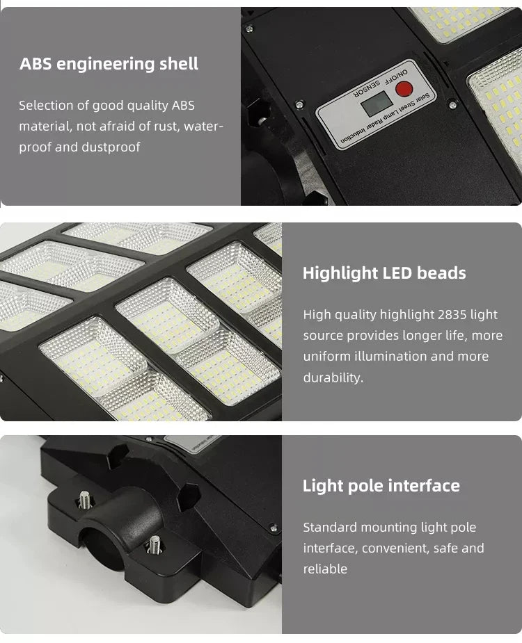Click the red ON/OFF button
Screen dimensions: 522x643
[404, 88]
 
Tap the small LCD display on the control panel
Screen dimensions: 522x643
[377, 104]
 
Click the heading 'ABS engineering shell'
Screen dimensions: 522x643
[109, 64]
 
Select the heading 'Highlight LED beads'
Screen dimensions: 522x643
[384, 273]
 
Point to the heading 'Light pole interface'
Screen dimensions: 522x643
[381, 485]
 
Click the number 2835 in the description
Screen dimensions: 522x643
[452, 314]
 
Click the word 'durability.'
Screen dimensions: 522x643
[333, 377]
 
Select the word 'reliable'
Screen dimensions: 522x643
[325, 569]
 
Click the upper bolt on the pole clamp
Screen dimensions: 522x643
[85, 499]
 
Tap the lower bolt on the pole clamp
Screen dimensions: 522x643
[155, 544]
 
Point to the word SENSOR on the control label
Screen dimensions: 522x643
[367, 88]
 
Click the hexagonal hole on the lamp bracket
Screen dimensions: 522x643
[189, 496]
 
